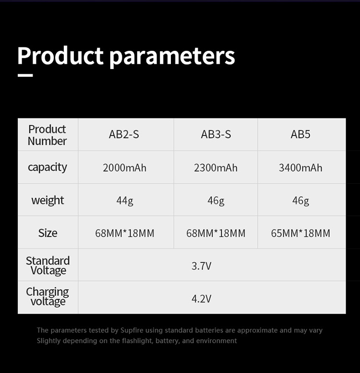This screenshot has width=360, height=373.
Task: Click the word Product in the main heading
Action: pyautogui.click(x=60, y=56)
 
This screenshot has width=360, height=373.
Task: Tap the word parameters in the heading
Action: pyautogui.click(x=172, y=57)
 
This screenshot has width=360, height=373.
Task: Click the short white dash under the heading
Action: pyautogui.click(x=25, y=75)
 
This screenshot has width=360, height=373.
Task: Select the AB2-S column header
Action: pyautogui.click(x=124, y=134)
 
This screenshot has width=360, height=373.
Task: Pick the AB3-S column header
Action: pyautogui.click(x=216, y=134)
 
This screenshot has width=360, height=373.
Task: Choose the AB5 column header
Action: pyautogui.click(x=300, y=134)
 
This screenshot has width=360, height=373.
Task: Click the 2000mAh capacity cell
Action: pyautogui.click(x=124, y=168)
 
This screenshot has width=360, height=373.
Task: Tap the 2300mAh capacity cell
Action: pyautogui.click(x=216, y=168)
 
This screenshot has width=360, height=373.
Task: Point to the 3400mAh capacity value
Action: pyautogui.click(x=300, y=168)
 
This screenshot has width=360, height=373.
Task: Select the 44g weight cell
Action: pyautogui.click(x=125, y=201)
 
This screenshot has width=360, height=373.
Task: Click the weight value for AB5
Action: pyautogui.click(x=300, y=201)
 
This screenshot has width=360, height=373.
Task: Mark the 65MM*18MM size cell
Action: pyautogui.click(x=300, y=233)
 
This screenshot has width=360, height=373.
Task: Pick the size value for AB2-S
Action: pyautogui.click(x=124, y=233)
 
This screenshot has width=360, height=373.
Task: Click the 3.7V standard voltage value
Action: pyautogui.click(x=202, y=266)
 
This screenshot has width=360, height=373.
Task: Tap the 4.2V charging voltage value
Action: pyautogui.click(x=202, y=299)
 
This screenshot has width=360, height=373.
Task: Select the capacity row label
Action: pyautogui.click(x=48, y=167)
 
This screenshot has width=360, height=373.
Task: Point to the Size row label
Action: pyautogui.click(x=48, y=233)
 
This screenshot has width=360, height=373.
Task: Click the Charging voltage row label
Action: pyautogui.click(x=48, y=297)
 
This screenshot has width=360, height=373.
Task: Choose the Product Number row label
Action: pyautogui.click(x=47, y=135)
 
